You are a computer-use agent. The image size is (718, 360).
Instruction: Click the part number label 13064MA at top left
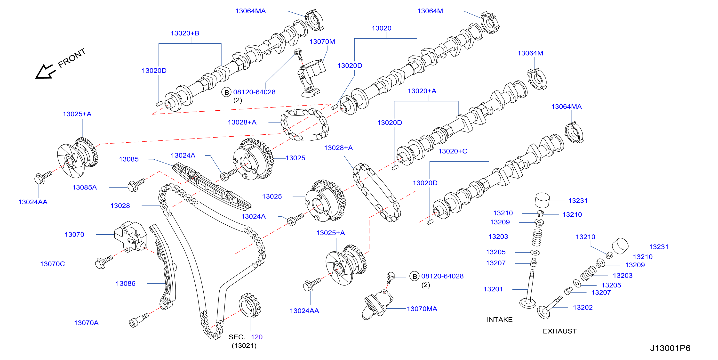pos(250,11)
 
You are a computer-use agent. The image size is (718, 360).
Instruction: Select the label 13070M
pos(322,41)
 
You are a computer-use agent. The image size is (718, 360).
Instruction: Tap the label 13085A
pos(84,187)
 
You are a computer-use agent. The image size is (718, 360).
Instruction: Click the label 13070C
pos(52,264)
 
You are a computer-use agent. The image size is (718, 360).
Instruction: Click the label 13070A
pos(86,323)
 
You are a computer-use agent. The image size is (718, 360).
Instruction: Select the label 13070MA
pos(422,309)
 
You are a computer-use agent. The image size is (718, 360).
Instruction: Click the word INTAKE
pos(500,319)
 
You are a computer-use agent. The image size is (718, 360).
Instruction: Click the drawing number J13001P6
pos(670,348)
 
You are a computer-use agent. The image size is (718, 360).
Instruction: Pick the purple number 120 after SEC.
pos(256,337)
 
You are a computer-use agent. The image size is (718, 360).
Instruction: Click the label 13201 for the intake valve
pos(493,289)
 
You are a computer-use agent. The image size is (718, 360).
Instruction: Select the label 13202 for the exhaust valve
pos(582,308)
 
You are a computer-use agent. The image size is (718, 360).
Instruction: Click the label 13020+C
pos(453,151)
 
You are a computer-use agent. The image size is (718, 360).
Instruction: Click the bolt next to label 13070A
pos(138,320)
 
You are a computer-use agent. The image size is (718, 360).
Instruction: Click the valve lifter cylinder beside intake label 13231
pos(542,200)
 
